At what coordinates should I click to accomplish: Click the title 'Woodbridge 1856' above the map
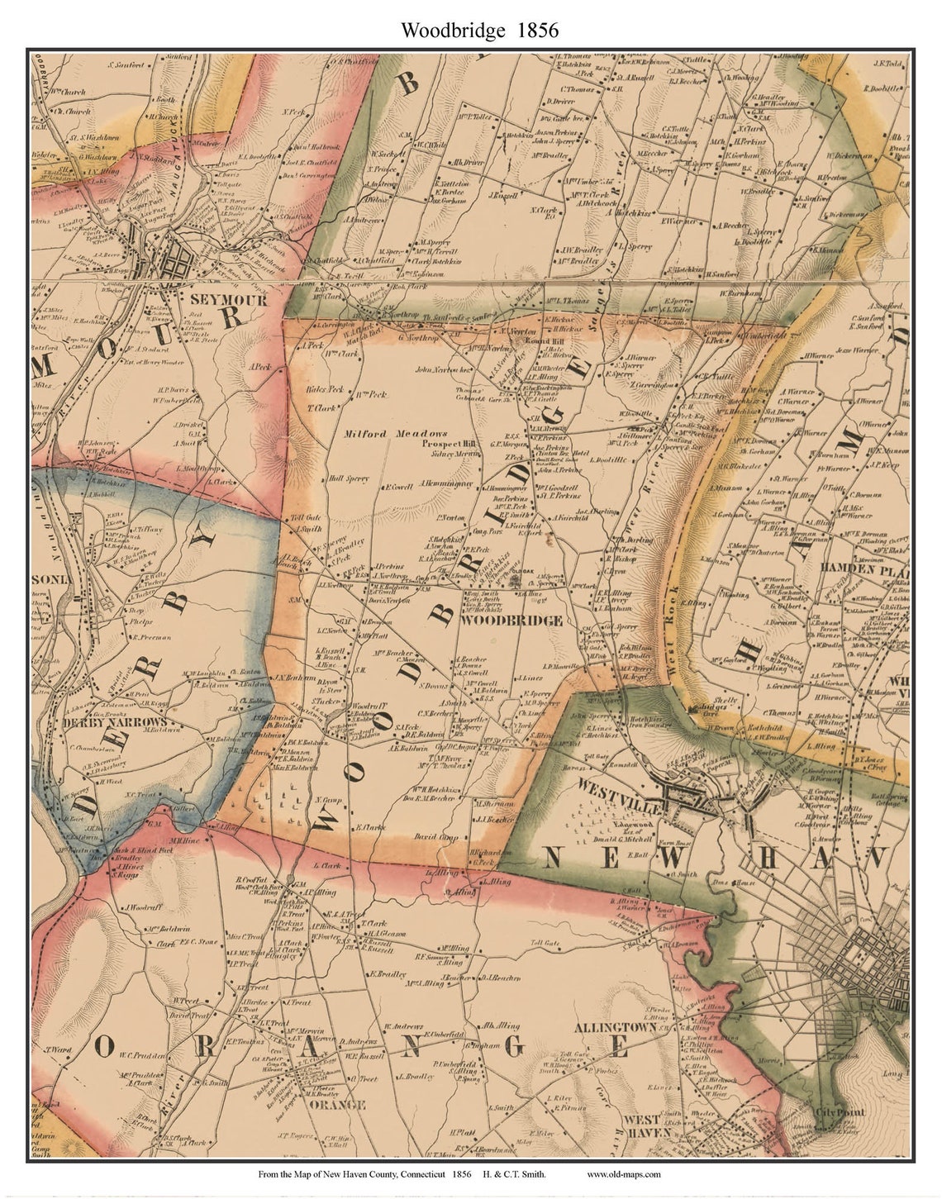[x=479, y=31]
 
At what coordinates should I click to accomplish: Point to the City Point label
[x=840, y=1112]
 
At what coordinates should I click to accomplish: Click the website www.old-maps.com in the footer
[x=623, y=1174]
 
